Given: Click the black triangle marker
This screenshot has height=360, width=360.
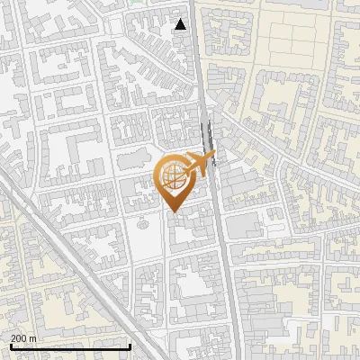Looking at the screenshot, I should tap(181, 24).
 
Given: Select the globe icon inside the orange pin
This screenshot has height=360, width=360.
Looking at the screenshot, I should tap(173, 175).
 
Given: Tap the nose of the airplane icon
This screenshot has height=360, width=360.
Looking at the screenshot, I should tap(213, 157).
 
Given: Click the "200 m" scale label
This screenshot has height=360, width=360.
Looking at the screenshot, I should tap(23, 338).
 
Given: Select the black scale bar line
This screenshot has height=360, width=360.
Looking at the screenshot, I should tap(70, 346).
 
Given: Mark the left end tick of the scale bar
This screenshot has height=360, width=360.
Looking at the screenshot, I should tap(11, 346).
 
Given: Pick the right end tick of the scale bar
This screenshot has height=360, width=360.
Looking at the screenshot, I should tap(130, 346).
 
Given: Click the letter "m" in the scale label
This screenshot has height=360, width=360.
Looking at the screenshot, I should tap(33, 338).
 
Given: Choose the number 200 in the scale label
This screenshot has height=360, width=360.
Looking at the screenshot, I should tap(19, 338).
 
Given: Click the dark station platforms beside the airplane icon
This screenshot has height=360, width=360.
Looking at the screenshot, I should tap(209, 139).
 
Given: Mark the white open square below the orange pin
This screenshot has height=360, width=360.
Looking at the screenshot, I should tap(143, 234).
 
